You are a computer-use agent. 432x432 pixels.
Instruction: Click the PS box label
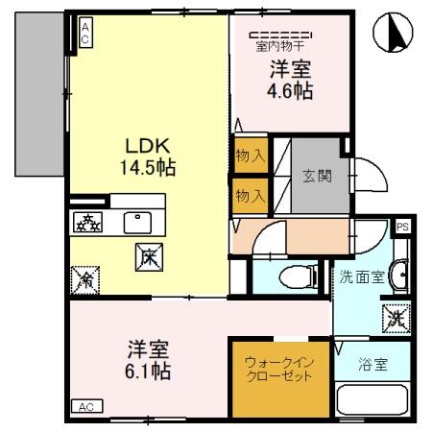click(x=404, y=226)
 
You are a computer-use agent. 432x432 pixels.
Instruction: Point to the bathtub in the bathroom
click(x=373, y=400)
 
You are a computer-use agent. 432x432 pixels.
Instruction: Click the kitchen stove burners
click(x=89, y=222)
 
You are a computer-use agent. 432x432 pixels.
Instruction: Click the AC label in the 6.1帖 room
click(x=84, y=406)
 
